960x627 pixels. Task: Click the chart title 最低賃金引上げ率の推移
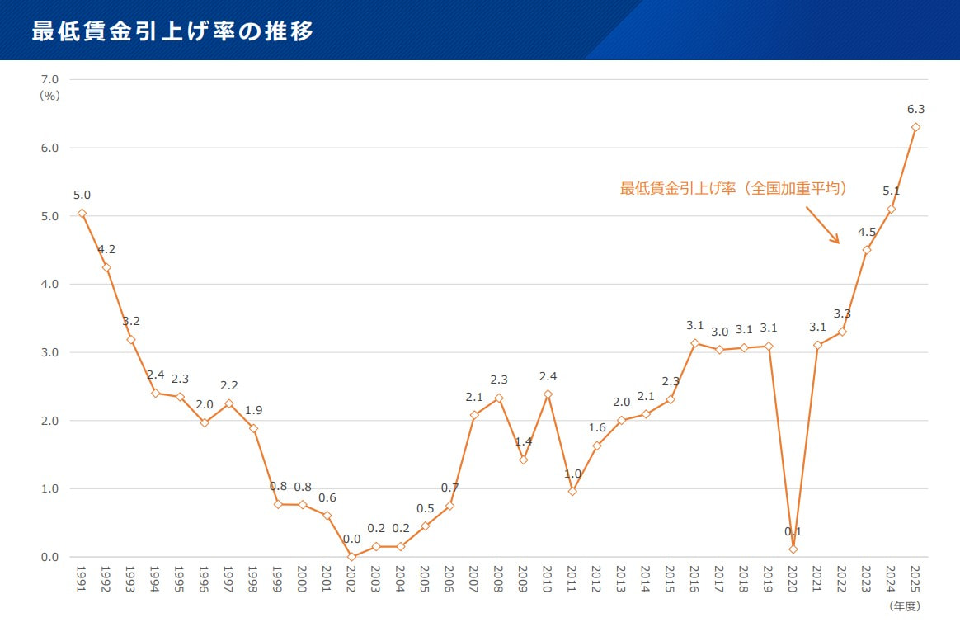click(172, 31)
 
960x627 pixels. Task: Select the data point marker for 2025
click(915, 127)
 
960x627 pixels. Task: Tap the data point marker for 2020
click(793, 549)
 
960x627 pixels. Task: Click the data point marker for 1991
click(82, 213)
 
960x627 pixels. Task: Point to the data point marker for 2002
click(351, 557)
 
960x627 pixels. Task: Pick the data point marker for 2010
click(548, 394)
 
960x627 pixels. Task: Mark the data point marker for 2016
click(694, 343)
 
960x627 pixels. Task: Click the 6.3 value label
click(915, 109)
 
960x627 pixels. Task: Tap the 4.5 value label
click(866, 231)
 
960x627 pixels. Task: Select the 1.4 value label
click(524, 441)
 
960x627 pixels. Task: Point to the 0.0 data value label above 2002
click(351, 539)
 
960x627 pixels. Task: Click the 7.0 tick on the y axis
click(49, 79)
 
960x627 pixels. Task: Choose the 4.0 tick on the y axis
click(49, 284)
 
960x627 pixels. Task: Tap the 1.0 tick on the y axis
click(49, 488)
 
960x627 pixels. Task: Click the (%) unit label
click(50, 95)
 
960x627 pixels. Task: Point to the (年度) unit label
click(904, 606)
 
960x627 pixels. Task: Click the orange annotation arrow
click(822, 224)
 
